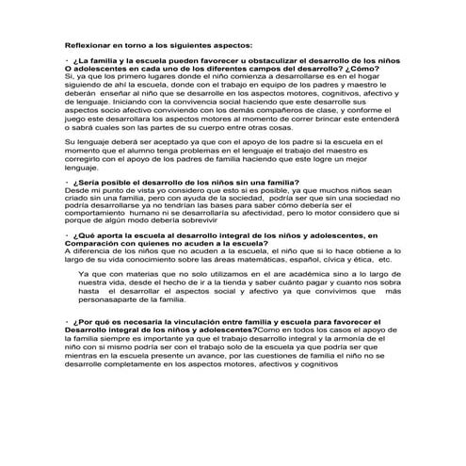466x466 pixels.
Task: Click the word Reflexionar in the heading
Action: point(86,43)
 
